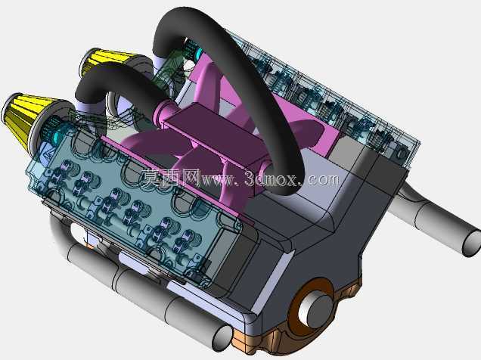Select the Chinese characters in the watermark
171,178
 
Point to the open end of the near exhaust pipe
222,338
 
